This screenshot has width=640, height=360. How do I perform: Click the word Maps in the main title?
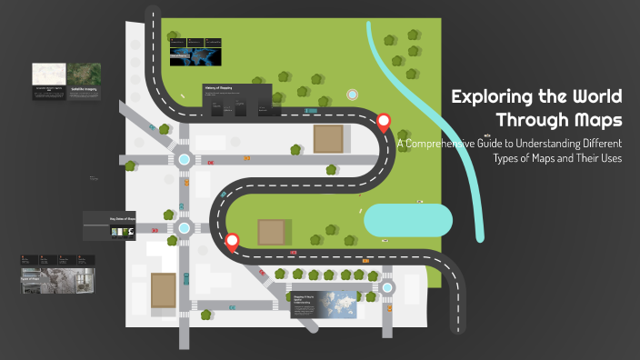(x=592, y=120)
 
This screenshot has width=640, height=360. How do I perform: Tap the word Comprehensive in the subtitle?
(x=447, y=144)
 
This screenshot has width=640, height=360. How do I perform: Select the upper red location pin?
(x=384, y=122)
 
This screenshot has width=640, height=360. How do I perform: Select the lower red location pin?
(x=232, y=242)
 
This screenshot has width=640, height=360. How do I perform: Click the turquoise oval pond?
(x=408, y=221)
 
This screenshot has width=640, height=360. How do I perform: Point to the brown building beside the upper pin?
(x=329, y=139)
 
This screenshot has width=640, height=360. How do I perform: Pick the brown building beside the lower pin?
(x=273, y=232)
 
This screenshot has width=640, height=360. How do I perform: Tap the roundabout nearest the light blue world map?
(x=388, y=287)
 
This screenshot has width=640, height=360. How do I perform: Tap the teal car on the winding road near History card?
(x=310, y=111)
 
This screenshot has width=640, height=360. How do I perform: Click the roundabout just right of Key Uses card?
(x=185, y=229)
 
